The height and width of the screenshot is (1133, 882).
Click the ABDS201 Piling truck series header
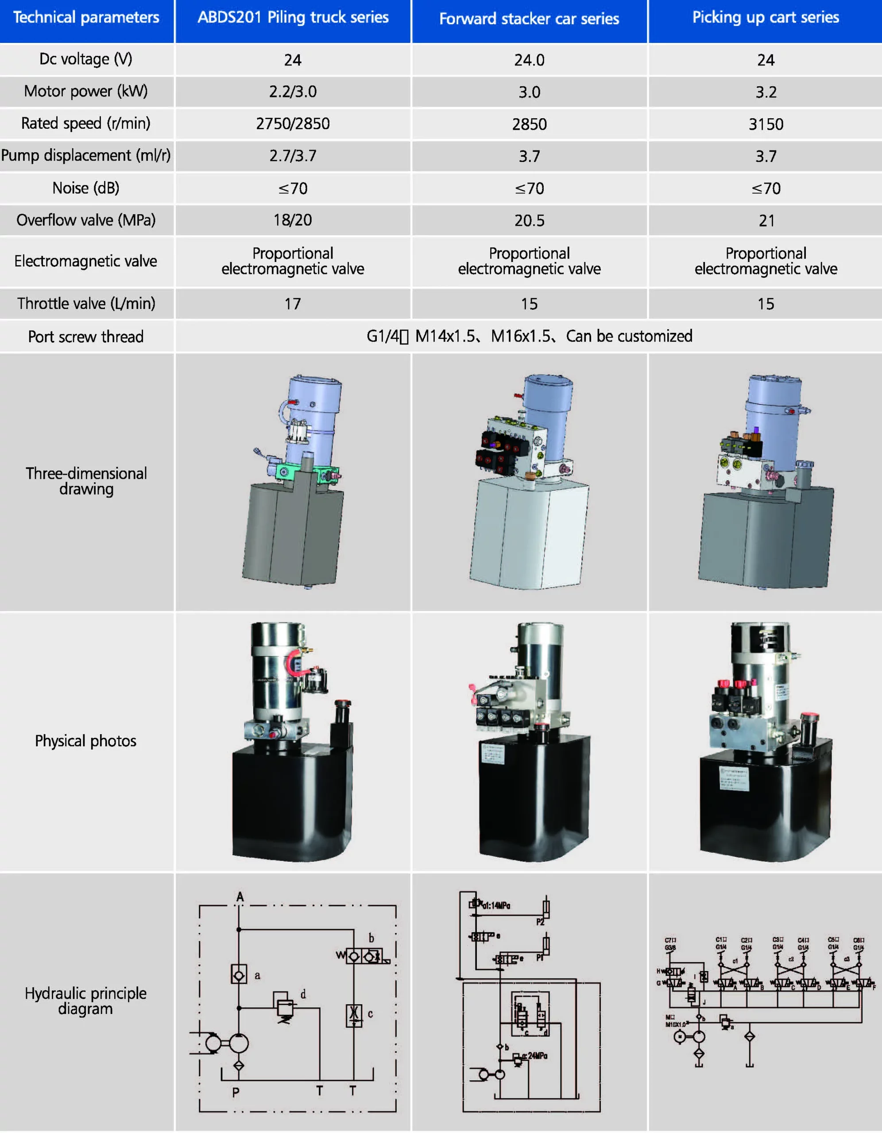coord(293,18)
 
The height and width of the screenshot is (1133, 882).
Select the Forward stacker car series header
coord(529,19)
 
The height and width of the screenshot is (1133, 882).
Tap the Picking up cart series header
coord(765,18)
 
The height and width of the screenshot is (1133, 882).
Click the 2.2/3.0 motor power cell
coord(293,92)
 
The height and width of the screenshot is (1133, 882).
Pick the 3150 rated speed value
coord(766,124)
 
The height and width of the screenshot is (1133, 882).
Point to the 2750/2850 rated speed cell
coord(293,124)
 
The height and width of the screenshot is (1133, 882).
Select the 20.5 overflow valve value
coord(529,221)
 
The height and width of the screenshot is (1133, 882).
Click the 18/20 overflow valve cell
coord(293,220)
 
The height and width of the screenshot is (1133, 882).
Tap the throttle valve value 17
coord(293,304)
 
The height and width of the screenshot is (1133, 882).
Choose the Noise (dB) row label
coord(85,188)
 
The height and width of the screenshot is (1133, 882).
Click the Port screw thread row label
coord(85,337)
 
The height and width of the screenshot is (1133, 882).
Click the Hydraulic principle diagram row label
coord(85,1001)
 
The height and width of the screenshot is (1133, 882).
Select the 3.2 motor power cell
coord(766,92)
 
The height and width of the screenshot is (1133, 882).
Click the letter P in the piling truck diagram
coord(236,1093)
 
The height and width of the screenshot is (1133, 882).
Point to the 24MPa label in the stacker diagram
coord(537,1056)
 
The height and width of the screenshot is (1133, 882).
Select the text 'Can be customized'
coord(629,336)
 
